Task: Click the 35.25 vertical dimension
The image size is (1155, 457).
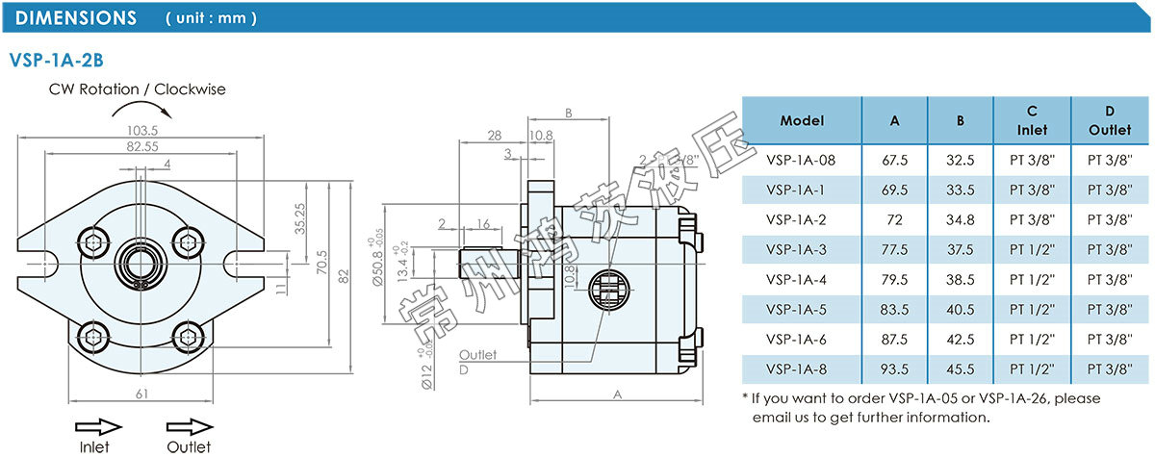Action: coord(299,218)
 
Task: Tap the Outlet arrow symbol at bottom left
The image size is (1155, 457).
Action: coord(189,426)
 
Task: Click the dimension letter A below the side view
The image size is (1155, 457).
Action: coord(616,394)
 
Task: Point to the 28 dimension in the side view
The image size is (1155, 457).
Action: coord(495,135)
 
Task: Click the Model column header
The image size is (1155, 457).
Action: coord(802,121)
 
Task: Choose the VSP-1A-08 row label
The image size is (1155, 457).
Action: coord(802,160)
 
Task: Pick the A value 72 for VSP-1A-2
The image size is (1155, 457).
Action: coord(894,219)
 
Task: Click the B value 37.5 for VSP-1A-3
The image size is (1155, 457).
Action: coord(960,249)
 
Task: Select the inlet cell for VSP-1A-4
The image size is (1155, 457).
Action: coord(1032,279)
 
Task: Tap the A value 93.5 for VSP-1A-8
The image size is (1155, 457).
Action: coord(894,368)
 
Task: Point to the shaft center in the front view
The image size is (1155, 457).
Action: coord(141,262)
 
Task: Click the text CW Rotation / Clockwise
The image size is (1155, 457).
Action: coord(138,89)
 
